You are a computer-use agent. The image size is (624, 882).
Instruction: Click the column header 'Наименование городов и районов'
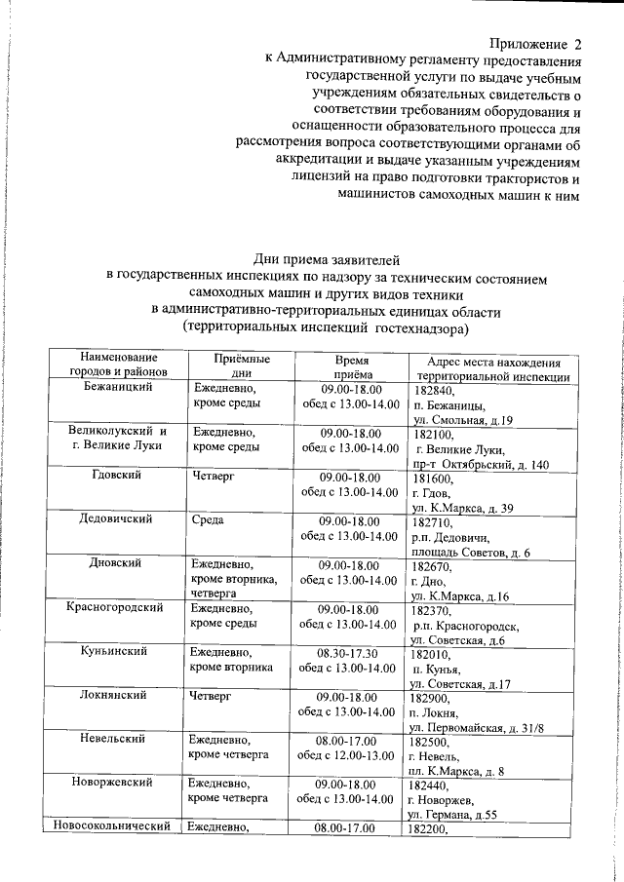119,366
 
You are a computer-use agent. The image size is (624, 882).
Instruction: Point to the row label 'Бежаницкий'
119,388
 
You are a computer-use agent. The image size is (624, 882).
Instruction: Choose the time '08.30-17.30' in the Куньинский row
347,652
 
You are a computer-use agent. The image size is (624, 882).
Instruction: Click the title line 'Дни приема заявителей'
326,258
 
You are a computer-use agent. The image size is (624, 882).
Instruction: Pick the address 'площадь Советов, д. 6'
471,553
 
